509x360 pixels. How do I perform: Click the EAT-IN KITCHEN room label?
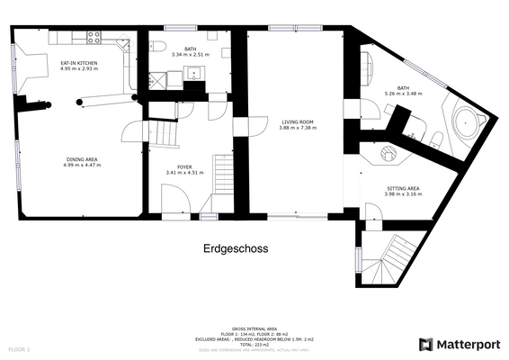pyautogui.click(x=78, y=63)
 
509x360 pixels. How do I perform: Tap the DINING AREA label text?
pyautogui.click(x=81, y=159)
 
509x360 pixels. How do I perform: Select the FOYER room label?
pyautogui.click(x=184, y=167)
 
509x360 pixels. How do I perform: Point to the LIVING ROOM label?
pyautogui.click(x=297, y=121)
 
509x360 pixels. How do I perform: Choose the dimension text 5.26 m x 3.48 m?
pyautogui.click(x=403, y=94)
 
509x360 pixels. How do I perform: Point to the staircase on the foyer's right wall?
pyautogui.click(x=222, y=175)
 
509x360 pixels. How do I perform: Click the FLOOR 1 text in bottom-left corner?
pyautogui.click(x=19, y=347)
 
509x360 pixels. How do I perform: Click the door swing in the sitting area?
pyautogui.click(x=371, y=213)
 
